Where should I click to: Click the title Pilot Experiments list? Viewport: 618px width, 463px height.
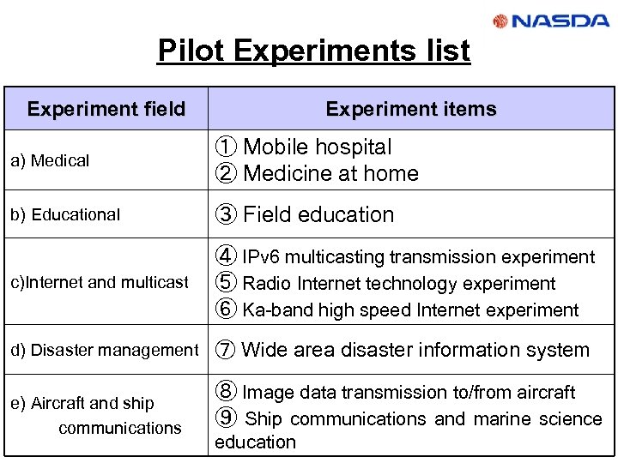point(314,51)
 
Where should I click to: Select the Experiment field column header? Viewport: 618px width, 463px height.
point(106,109)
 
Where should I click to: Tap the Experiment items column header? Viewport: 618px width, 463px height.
point(411,109)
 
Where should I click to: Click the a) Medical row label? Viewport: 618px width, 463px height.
point(50,160)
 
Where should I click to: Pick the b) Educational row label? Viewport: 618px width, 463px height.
point(65,214)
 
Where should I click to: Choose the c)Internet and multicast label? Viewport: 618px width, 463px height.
point(100,282)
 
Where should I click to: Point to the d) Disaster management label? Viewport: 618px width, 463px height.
point(104,350)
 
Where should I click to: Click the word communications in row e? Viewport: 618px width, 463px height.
point(120,427)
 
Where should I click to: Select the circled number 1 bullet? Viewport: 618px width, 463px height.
point(226,147)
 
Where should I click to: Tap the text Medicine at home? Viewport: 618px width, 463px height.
point(331,173)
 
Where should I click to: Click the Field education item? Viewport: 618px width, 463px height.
point(318,214)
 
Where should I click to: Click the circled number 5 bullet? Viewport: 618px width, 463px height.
point(226,284)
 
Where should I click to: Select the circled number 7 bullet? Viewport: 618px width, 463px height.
point(226,350)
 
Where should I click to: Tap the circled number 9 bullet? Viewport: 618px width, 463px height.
point(226,419)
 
